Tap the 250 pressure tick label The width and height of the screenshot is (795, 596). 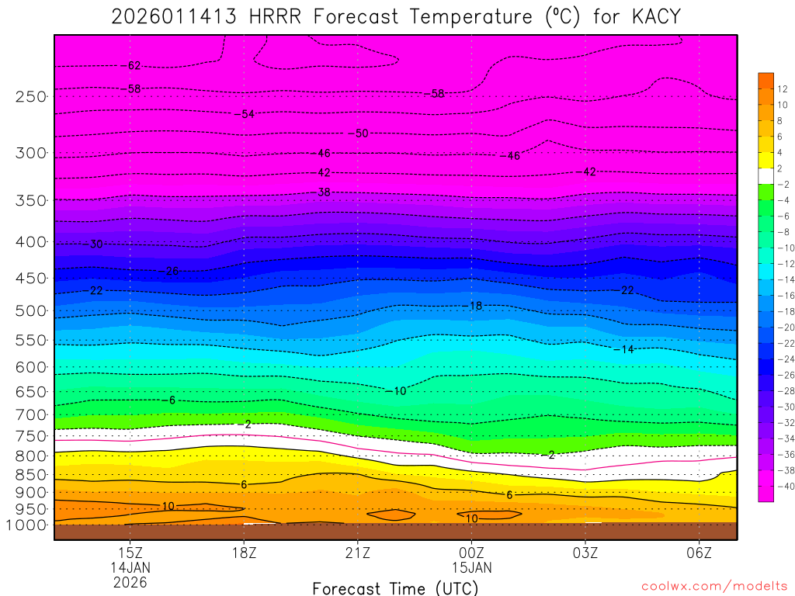(x=30, y=96)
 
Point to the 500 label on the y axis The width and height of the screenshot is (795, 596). (x=30, y=311)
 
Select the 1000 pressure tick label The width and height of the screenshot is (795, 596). (x=27, y=525)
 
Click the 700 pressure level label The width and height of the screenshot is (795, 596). (x=30, y=414)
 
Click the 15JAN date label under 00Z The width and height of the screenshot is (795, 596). (x=471, y=567)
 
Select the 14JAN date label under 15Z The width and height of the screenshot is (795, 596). (x=130, y=567)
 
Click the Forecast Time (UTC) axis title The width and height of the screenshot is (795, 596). (x=395, y=587)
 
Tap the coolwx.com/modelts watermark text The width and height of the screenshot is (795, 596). (x=714, y=587)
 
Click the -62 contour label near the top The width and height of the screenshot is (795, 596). (x=133, y=66)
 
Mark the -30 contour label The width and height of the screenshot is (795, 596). (x=95, y=244)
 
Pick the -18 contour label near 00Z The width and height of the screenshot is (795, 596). (x=474, y=306)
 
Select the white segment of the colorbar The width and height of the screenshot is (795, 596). (x=765, y=176)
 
